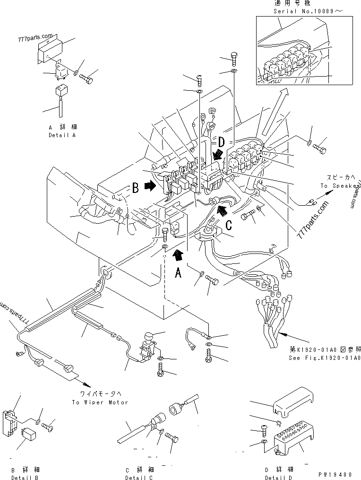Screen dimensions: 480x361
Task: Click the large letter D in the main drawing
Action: [220, 141]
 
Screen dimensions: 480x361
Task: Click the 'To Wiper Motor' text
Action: [100, 402]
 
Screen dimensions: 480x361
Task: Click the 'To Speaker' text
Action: [339, 186]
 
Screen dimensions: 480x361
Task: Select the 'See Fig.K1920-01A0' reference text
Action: [325, 358]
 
